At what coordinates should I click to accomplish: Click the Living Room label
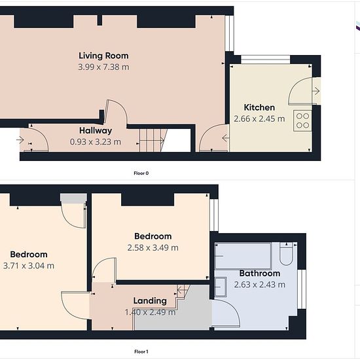point(103,56)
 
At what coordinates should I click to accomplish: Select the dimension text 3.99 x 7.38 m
point(103,67)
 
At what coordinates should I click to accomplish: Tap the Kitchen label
point(259,107)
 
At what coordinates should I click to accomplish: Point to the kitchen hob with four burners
point(302,121)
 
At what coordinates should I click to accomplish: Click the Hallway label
point(96,131)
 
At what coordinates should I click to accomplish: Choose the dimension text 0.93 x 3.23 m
point(96,142)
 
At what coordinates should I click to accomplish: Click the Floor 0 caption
point(141,173)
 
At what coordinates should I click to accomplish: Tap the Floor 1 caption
point(141,351)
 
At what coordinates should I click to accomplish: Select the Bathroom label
point(260,273)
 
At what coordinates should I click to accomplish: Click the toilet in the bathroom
point(286,254)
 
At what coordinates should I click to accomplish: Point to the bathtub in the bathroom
point(243,256)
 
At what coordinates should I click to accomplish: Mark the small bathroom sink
point(221,287)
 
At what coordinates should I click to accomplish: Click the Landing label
point(150,301)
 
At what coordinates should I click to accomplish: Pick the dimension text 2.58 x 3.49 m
point(153,247)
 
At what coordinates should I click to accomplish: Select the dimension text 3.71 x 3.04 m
point(29,266)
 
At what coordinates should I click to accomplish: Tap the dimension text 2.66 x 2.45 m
point(259,119)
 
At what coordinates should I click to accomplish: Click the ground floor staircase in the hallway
point(153,140)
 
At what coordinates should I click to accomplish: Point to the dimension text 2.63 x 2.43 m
point(260,285)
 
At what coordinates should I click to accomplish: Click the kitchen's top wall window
point(265,60)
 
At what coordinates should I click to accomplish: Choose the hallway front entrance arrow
point(20,139)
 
